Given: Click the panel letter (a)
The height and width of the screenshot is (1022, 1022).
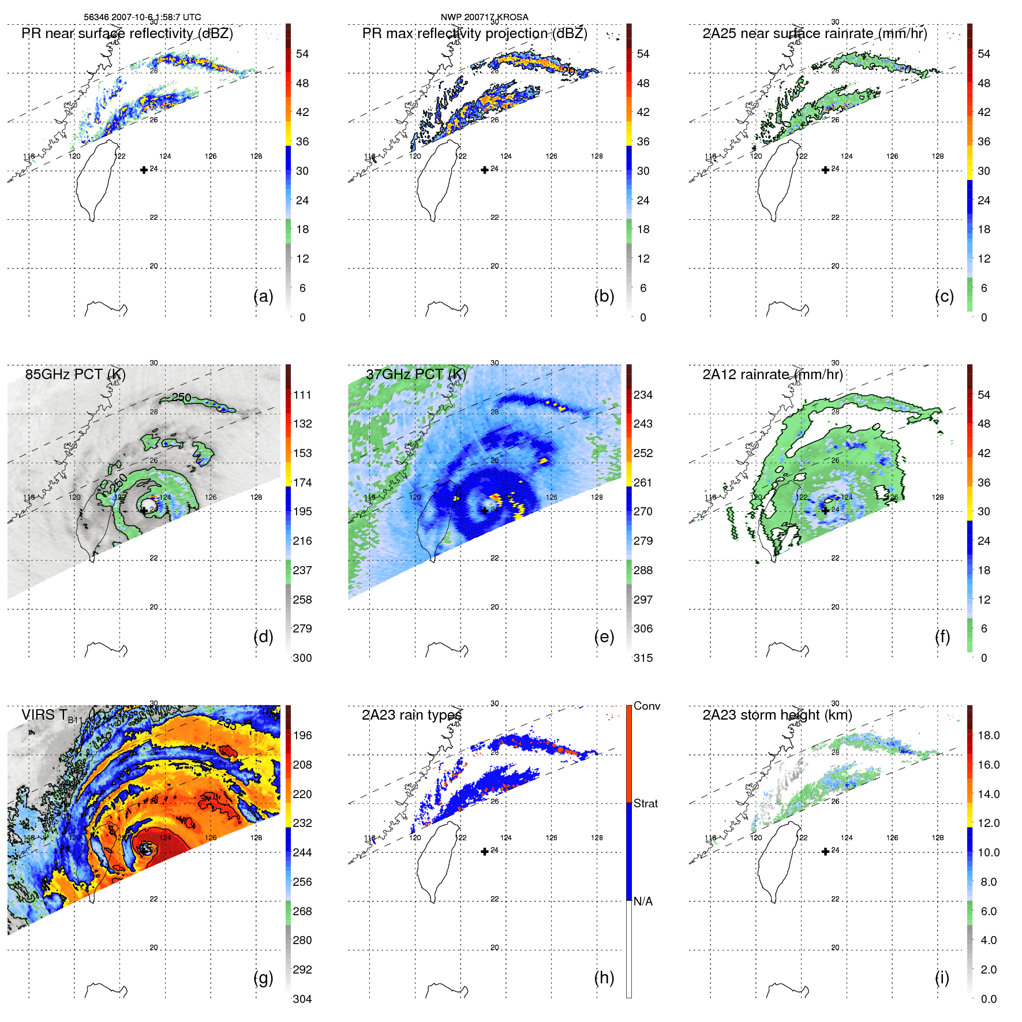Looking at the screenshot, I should click(263, 297).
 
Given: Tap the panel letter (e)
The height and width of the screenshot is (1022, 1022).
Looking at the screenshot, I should click(604, 637).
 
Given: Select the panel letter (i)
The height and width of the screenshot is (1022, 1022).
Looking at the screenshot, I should click(942, 978).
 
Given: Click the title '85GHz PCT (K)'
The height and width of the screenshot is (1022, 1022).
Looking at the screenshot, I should click(75, 375).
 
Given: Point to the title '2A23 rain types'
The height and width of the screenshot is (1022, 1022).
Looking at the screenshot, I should click(411, 715).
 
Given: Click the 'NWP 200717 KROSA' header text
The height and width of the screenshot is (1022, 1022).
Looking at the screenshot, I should click(484, 17).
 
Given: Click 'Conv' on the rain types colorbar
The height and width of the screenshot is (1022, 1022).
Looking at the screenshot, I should click(646, 706).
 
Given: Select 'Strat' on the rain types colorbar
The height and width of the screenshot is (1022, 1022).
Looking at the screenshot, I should click(645, 803).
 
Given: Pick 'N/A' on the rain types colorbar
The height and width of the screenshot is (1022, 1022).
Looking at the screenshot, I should click(643, 901).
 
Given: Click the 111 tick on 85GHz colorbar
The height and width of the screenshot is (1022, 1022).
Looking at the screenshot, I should click(302, 395).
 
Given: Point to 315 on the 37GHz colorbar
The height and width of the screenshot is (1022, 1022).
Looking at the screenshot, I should click(643, 658).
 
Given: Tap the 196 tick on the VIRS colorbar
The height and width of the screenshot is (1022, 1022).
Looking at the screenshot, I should click(302, 735).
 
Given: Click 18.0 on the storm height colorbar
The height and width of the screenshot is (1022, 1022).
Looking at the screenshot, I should click(989, 735).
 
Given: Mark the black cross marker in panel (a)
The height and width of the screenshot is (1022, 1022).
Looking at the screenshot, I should click(144, 170).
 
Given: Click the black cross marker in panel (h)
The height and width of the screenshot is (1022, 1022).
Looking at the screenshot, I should click(485, 851).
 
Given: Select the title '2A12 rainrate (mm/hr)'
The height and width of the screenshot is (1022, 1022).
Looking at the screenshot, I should click(772, 375).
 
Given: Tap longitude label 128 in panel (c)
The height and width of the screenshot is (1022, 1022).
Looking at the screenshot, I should click(938, 156).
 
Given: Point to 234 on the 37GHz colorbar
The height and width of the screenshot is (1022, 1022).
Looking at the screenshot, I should click(643, 395).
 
